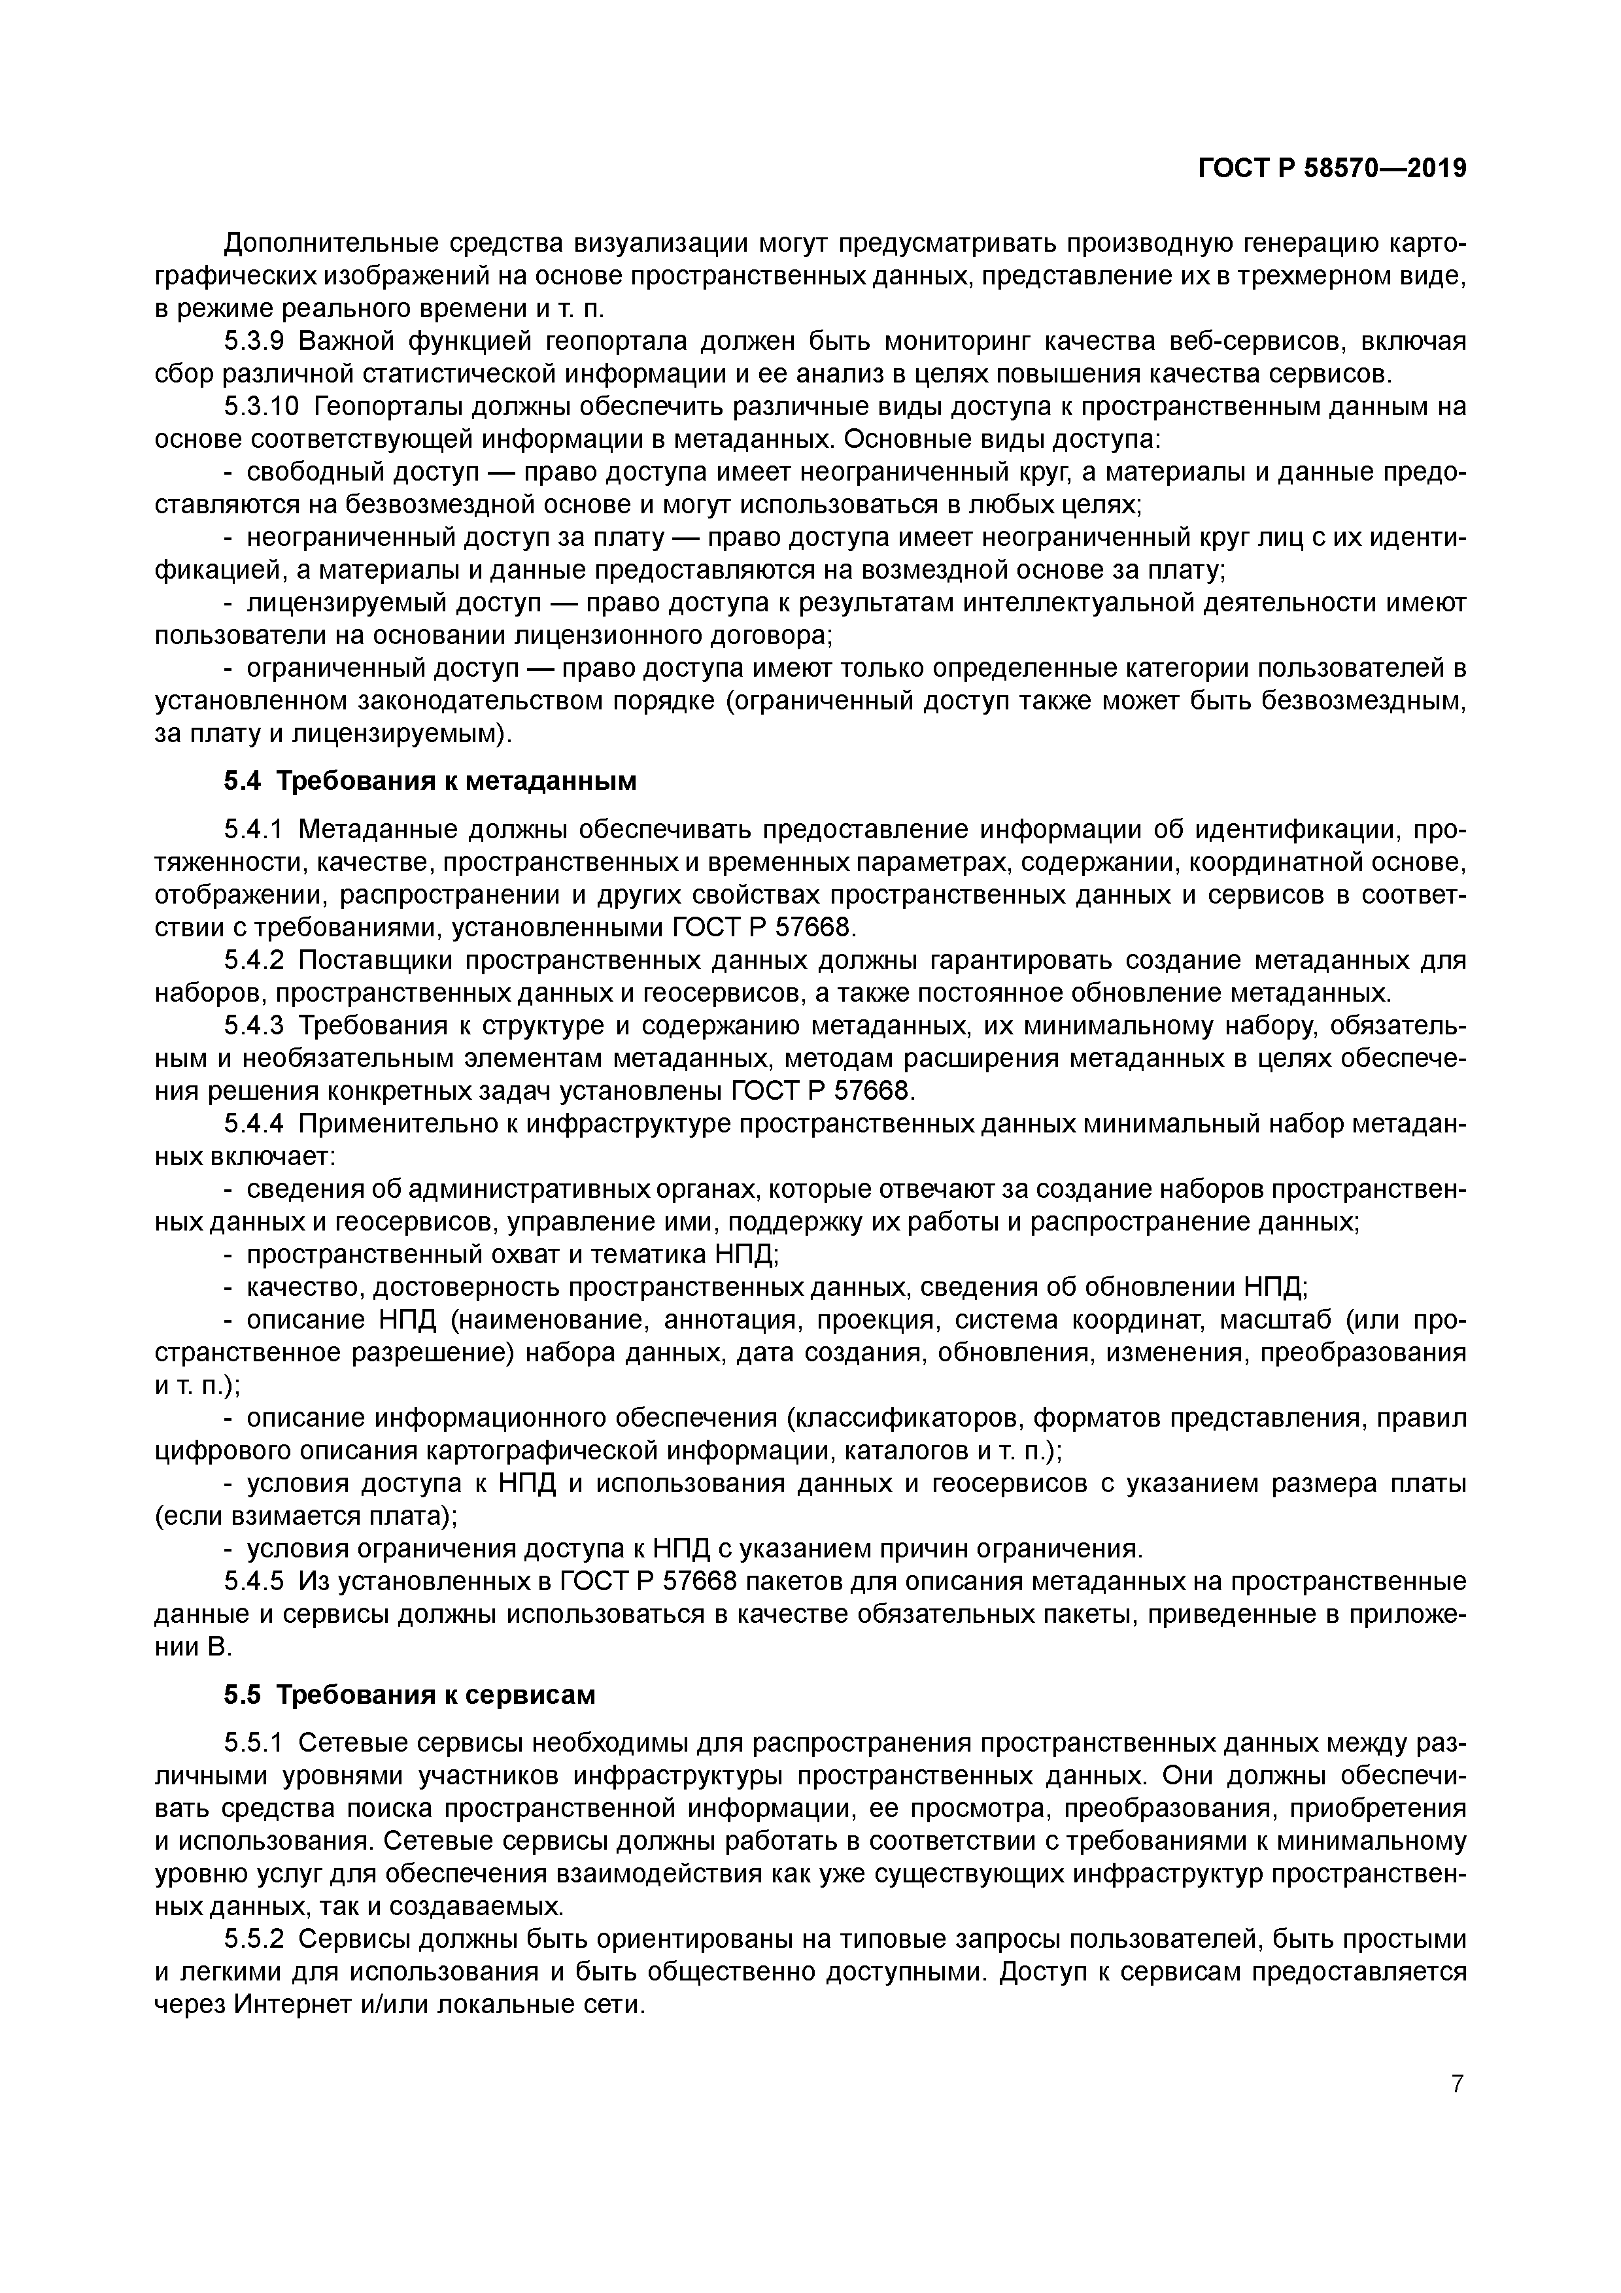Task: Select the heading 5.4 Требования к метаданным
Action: point(430,781)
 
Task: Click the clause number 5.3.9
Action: point(254,341)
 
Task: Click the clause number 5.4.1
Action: point(254,830)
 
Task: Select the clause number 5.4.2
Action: point(254,960)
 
